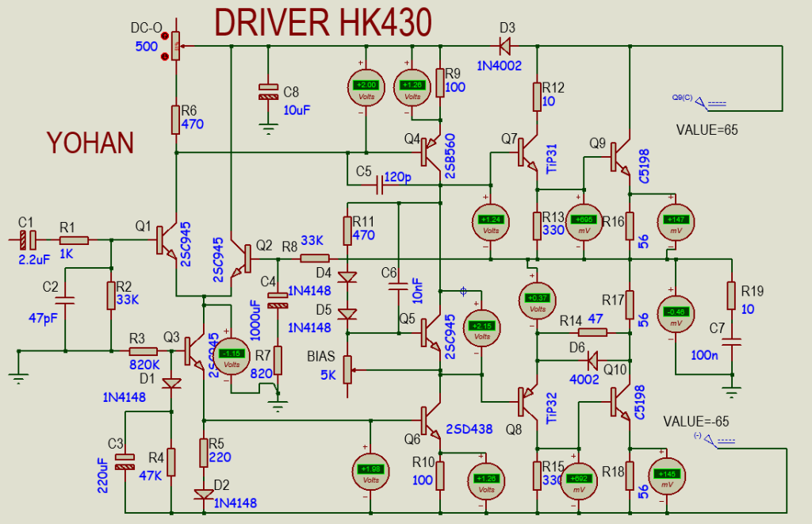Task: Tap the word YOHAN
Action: coord(89,143)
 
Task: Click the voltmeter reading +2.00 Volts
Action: coord(366,87)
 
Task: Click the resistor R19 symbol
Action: coord(730,294)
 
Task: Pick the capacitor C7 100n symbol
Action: coord(730,343)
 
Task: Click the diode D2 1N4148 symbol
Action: coord(204,494)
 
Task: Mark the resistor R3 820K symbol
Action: coord(143,350)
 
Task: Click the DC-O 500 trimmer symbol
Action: coord(175,46)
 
